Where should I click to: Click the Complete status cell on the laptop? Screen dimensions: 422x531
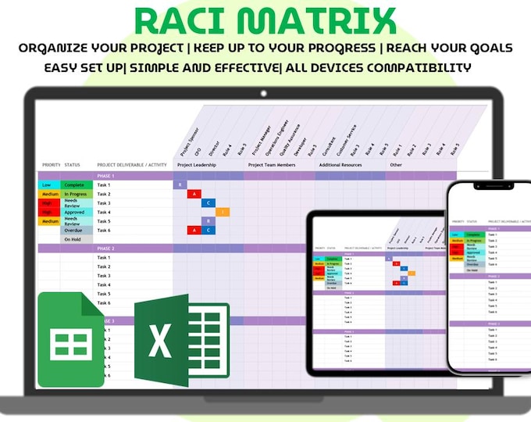pyautogui.click(x=75, y=185)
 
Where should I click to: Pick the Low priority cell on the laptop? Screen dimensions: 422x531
pyautogui.click(x=48, y=185)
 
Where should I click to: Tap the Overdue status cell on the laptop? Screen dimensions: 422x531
pyautogui.click(x=75, y=231)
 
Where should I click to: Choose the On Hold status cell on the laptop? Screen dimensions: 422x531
pyautogui.click(x=75, y=240)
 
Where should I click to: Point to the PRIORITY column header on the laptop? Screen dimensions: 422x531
pyautogui.click(x=51, y=165)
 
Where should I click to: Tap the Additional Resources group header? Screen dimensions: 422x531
pyautogui.click(x=340, y=165)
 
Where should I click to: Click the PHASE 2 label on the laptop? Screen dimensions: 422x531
pyautogui.click(x=105, y=249)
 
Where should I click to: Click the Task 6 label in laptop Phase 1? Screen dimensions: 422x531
pyautogui.click(x=104, y=231)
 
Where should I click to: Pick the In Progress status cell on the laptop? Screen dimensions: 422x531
pyautogui.click(x=76, y=194)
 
